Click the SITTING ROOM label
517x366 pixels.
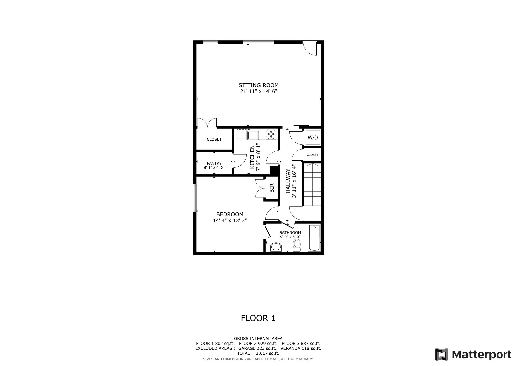(x=258, y=85)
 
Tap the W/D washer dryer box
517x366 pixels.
(x=313, y=138)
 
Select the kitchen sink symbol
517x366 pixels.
(x=253, y=135)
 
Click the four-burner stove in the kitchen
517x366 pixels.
(x=271, y=134)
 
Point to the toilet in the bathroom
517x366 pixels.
(x=297, y=245)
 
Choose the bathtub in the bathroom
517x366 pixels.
(x=314, y=238)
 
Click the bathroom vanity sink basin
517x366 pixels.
(x=276, y=247)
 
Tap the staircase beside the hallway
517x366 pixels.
(x=312, y=185)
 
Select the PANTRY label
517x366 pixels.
(x=214, y=163)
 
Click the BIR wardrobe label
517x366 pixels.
(x=272, y=188)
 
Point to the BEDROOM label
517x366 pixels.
(x=230, y=214)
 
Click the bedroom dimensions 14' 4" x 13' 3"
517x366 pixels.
(x=230, y=220)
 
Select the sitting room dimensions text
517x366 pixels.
(x=258, y=91)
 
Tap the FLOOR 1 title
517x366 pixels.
(x=258, y=318)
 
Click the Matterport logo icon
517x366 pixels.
(x=442, y=354)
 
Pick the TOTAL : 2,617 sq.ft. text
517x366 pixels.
(x=258, y=353)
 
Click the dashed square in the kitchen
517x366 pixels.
(x=241, y=134)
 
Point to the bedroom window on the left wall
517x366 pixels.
(x=195, y=198)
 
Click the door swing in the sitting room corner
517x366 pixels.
(x=310, y=49)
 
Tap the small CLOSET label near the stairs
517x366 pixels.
(x=312, y=155)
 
